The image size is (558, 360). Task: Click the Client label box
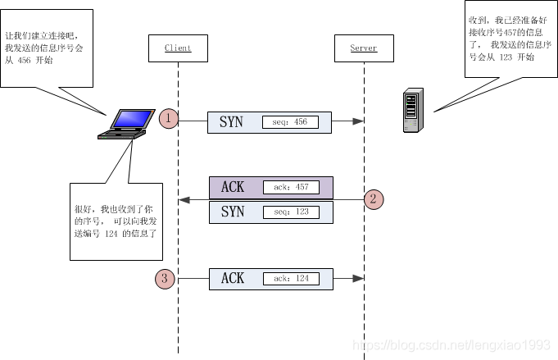coord(178,48)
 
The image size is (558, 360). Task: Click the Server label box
coord(363,48)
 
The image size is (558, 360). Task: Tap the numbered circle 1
coord(168,119)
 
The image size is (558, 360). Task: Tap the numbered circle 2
coord(374,198)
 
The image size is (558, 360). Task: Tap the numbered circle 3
coord(165,279)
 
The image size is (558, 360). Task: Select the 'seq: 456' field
coord(290,122)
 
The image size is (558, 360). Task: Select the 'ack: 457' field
coord(291,187)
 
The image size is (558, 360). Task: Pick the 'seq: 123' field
coord(291,212)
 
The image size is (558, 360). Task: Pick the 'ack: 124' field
coord(291,279)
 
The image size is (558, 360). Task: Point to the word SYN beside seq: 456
coord(232,122)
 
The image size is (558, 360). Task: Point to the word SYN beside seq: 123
coord(233,212)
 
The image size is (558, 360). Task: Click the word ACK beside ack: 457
coord(233,187)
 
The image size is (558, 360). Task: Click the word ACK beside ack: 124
coord(233,279)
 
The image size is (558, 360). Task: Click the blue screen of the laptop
coord(129,119)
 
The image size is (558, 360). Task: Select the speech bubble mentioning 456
coord(47,48)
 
